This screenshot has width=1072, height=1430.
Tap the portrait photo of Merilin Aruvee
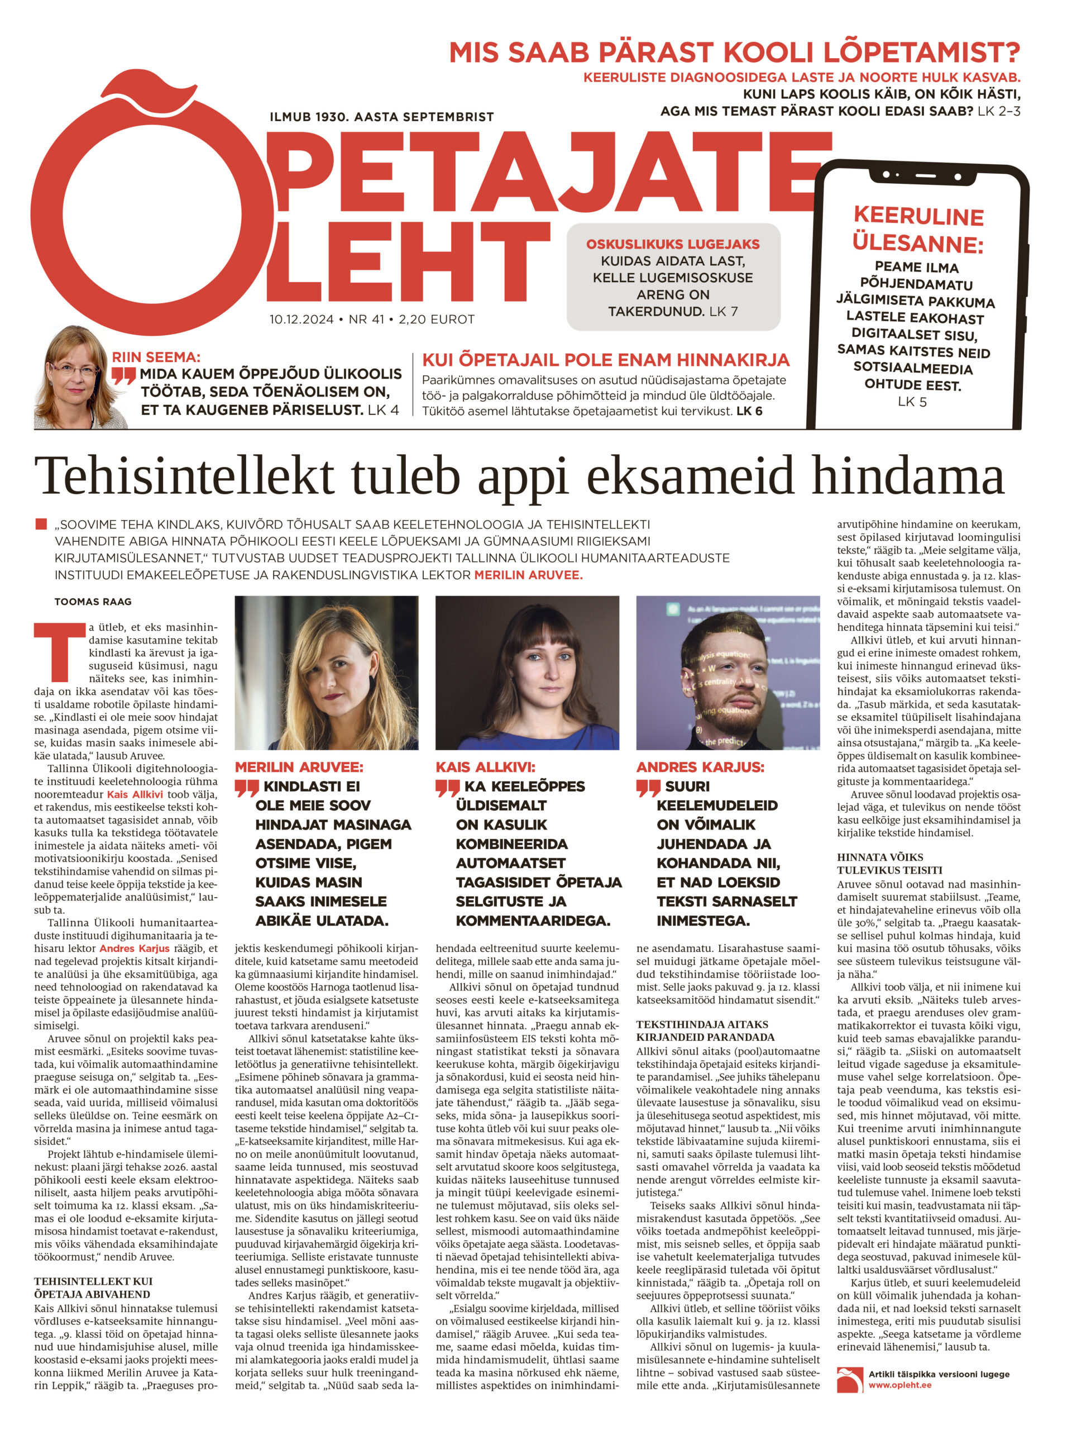326,673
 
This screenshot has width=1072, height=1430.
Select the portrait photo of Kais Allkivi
527,673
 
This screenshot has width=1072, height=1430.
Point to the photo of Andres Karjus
728,673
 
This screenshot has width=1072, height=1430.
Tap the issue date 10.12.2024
301,320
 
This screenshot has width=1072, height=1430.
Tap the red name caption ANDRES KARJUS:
700,768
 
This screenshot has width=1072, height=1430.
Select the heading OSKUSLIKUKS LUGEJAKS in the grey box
673,244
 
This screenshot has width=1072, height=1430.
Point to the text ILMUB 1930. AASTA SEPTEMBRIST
382,117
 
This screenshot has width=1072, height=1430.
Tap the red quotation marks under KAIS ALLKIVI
448,788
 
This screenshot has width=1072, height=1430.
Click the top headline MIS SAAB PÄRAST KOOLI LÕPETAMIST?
734,53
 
